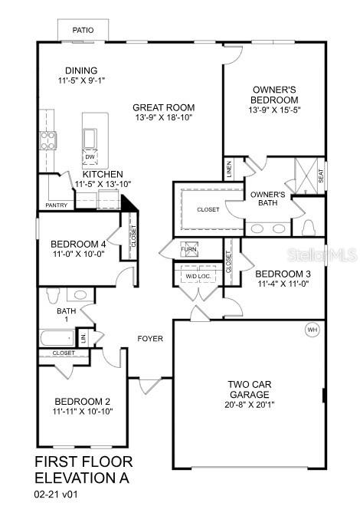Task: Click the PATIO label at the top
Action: point(83,30)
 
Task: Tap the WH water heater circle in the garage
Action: point(312,330)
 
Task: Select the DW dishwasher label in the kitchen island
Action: point(90,158)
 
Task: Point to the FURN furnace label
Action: point(188,250)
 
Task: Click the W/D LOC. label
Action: point(198,275)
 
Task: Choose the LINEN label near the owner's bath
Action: point(228,168)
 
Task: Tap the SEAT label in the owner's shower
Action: point(321,176)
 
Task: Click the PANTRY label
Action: point(56,205)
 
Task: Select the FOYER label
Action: point(150,338)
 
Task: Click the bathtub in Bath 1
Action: point(54,337)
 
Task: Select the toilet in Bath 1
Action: point(53,295)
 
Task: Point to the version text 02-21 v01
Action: point(57,495)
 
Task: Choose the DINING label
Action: point(81,70)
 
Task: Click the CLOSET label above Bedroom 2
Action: point(64,353)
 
